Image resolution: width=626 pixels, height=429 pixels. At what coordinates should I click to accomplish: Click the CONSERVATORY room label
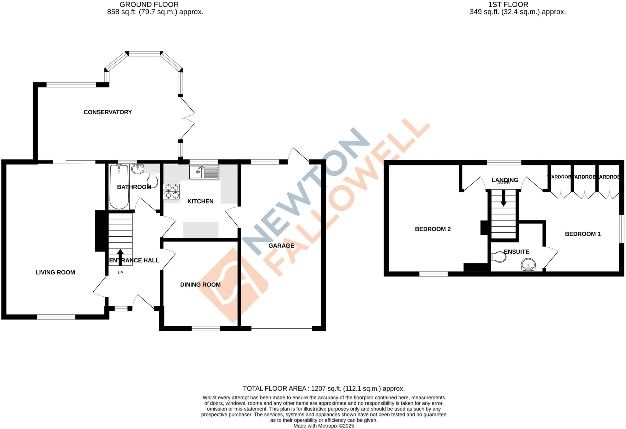[x=108, y=112]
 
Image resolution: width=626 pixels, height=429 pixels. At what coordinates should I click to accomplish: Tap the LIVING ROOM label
[x=55, y=272]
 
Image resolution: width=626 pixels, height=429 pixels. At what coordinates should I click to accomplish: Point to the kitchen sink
[x=204, y=172]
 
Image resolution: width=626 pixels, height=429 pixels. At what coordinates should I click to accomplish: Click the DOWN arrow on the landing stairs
[x=503, y=200]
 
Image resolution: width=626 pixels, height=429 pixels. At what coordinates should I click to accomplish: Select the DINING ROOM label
[x=200, y=285]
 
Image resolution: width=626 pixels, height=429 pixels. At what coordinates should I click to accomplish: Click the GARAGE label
[x=281, y=246]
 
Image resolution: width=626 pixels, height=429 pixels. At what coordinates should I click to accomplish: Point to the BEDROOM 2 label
[x=433, y=229]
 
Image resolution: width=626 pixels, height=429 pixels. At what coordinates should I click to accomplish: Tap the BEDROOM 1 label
[x=583, y=234]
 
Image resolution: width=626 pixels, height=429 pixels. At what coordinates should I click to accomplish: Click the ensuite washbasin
[x=528, y=265]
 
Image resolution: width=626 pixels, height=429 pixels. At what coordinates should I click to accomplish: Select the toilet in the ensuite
[x=499, y=257]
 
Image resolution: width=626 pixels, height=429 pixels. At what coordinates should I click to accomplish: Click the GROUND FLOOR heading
[x=149, y=5]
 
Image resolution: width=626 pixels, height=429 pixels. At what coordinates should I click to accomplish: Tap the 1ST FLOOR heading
[x=508, y=5]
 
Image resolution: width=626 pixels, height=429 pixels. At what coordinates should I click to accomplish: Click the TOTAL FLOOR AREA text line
[x=323, y=389]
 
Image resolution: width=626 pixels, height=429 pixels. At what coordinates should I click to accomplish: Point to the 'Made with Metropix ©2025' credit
[x=323, y=426]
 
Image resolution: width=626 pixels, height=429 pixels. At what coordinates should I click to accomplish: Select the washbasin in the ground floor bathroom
[x=138, y=168]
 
